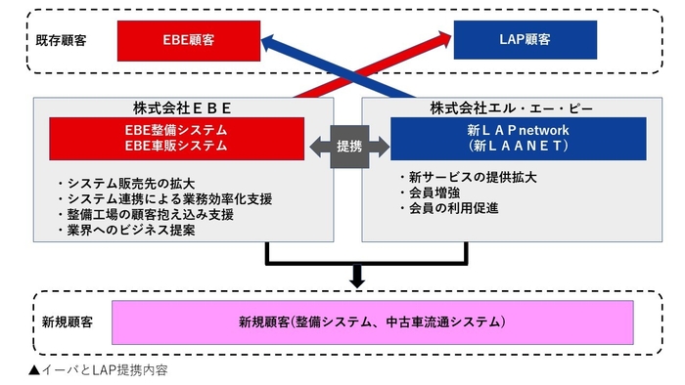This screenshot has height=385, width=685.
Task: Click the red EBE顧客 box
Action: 190,40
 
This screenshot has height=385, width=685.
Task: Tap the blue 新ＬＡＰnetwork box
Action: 505,138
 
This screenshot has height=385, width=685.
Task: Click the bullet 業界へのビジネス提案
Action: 128,232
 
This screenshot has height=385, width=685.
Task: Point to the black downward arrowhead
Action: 356,280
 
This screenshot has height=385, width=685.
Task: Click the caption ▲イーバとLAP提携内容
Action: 98,370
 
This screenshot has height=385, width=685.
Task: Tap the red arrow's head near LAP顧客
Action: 438,37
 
